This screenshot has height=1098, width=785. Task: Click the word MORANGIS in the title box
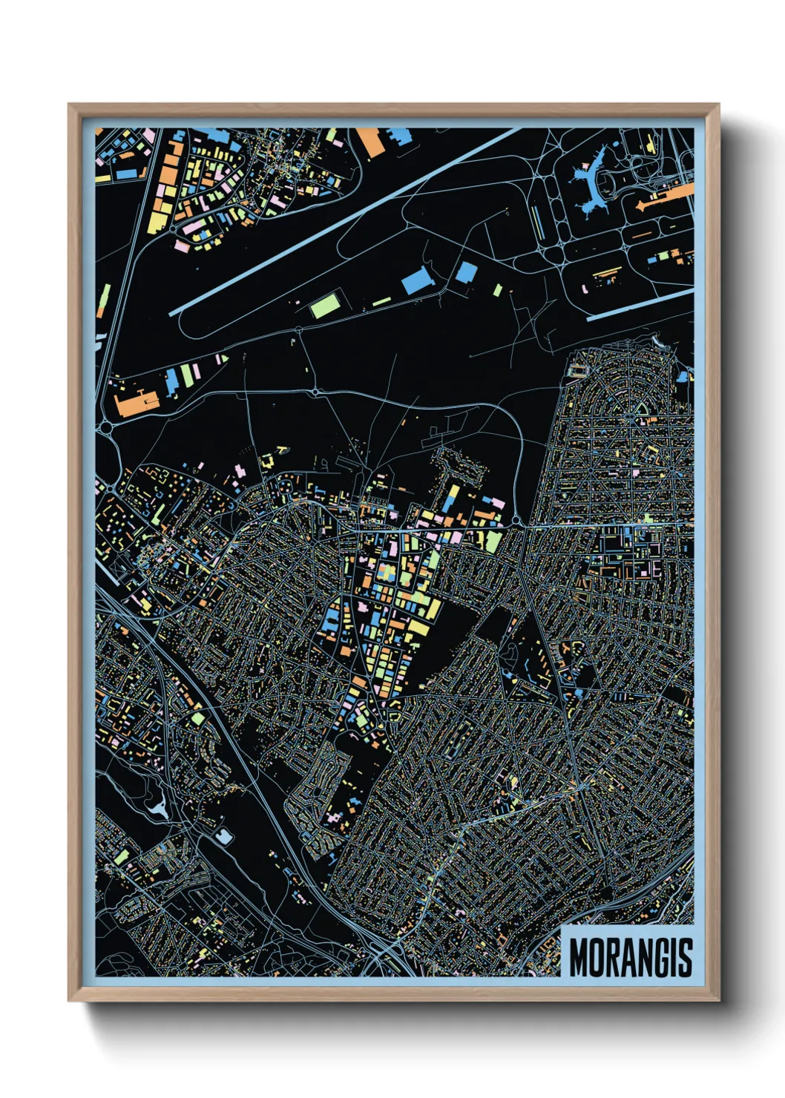point(631,958)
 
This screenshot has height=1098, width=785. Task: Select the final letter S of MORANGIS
point(686,958)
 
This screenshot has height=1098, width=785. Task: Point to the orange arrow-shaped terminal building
point(664,197)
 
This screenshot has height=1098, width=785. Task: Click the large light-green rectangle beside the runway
point(325,305)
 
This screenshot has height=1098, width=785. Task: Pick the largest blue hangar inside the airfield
point(417,280)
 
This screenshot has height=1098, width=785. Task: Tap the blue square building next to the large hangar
point(465,272)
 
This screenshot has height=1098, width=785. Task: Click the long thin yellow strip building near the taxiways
point(537,222)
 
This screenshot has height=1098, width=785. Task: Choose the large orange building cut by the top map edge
point(370,142)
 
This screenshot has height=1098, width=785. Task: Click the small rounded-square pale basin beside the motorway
point(223,838)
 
